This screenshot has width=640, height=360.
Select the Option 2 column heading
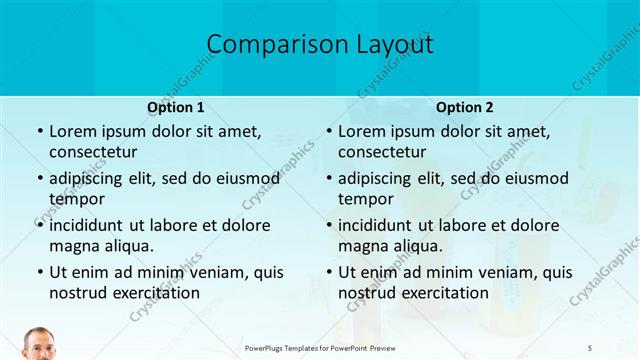coord(464,107)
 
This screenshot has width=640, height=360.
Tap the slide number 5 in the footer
coord(591,347)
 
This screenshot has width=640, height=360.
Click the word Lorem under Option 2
coord(361,131)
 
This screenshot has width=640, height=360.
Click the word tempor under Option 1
coord(76,199)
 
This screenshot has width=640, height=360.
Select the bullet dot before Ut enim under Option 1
coord(39,272)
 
